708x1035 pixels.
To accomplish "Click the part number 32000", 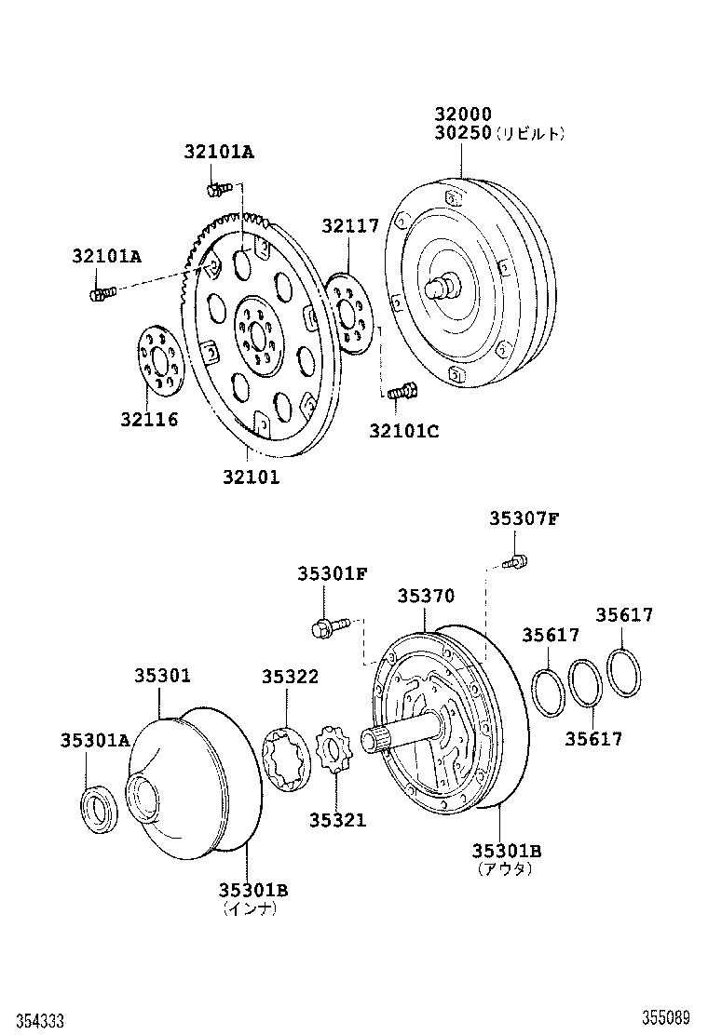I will (x=462, y=114).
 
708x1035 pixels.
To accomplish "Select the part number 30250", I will (x=462, y=133).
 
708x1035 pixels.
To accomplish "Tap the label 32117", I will (x=350, y=225).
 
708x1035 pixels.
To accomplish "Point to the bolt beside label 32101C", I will (x=401, y=394).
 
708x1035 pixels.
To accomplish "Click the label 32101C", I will (x=403, y=430).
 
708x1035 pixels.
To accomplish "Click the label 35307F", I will (x=524, y=518).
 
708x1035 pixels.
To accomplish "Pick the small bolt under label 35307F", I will (x=514, y=561).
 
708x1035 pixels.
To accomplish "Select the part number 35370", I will (x=426, y=596).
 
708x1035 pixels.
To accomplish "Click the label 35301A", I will (x=95, y=740).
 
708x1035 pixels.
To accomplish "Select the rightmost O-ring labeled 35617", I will (x=623, y=671).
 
